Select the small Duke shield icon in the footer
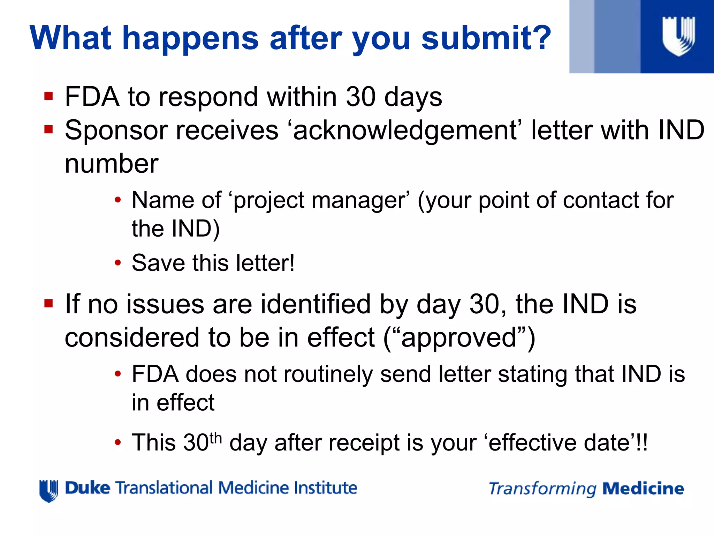[x=48, y=491]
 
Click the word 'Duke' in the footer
[x=88, y=488]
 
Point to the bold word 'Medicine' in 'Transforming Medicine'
[x=643, y=489]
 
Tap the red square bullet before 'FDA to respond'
[x=48, y=96]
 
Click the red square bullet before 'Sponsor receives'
[x=48, y=129]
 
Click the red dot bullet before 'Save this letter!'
[x=118, y=263]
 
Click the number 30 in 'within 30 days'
[x=360, y=97]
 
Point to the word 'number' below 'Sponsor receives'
[x=112, y=164]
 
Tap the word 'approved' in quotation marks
[x=458, y=338]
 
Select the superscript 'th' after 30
[x=216, y=437]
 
